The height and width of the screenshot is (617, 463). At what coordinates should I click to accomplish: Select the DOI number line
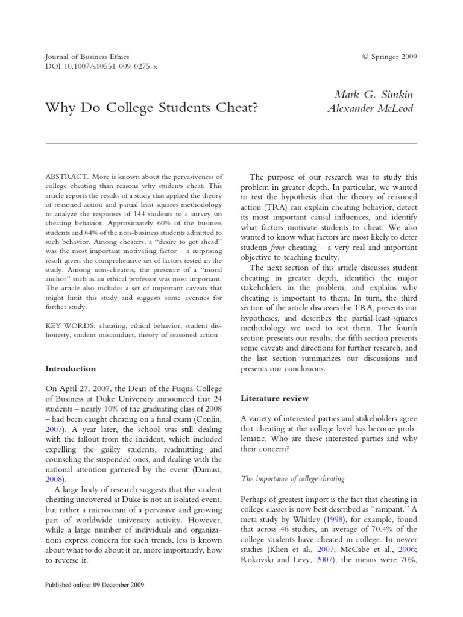pos(97,67)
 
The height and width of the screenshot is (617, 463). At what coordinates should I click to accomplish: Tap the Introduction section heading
pos(71,368)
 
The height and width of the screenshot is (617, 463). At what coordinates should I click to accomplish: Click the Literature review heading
pos(275,398)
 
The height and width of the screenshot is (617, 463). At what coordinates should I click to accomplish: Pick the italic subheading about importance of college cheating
pos(292,478)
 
